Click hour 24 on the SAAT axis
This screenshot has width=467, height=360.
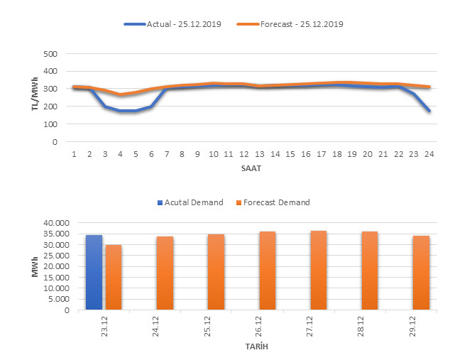click(429, 153)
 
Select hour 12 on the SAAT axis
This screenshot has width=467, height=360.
click(243, 153)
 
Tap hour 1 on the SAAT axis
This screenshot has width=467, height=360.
click(73, 153)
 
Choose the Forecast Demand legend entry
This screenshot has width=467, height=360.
click(275, 202)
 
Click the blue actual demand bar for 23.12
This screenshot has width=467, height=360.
click(94, 273)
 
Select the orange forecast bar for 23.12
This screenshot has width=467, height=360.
click(114, 278)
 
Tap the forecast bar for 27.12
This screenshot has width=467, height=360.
click(318, 271)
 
